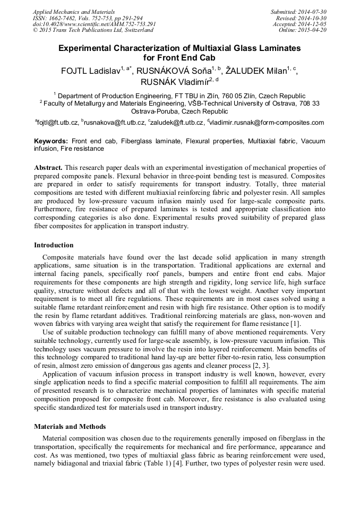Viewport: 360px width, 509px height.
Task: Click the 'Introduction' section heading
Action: click(x=54, y=245)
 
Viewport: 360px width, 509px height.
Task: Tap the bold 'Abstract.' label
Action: click(x=48, y=167)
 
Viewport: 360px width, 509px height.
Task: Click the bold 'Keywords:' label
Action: click(x=51, y=142)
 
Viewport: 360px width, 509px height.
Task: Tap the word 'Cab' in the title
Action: click(x=208, y=58)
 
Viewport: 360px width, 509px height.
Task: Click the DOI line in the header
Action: click(x=94, y=24)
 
